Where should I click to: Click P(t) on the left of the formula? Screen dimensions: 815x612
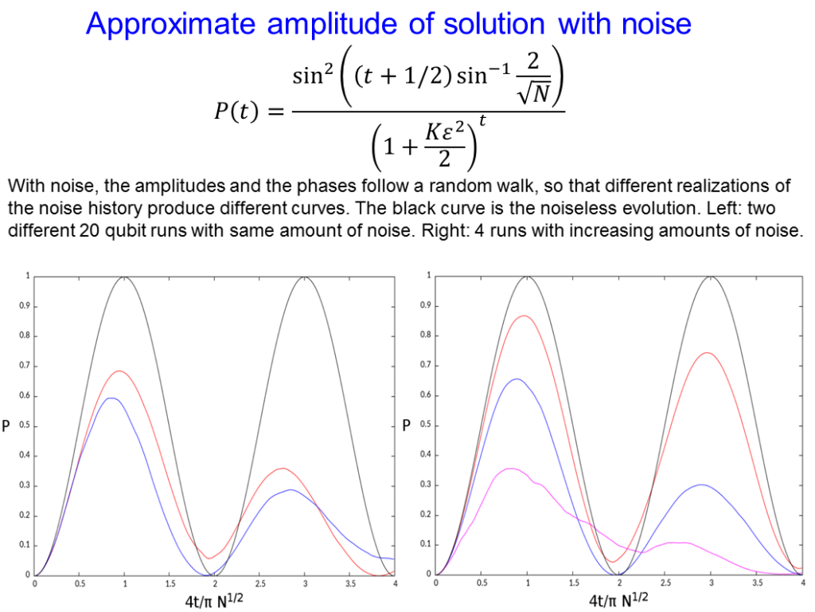pos(236,111)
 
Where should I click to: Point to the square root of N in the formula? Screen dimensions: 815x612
pos(533,93)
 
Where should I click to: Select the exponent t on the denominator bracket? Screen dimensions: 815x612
pos(482,121)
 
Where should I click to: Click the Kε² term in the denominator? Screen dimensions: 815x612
pos(444,132)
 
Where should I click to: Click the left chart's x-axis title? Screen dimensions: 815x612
pos(214,600)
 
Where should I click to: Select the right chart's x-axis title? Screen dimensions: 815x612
pos(618,600)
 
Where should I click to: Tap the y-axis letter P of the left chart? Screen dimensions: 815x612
pos(6,426)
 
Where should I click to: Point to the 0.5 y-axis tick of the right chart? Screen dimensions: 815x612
pos(426,426)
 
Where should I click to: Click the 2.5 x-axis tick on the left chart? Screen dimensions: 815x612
pos(260,584)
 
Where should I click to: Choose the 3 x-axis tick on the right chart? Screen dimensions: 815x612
pos(712,583)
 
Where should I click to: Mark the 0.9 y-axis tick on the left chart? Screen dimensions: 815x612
pos(25,306)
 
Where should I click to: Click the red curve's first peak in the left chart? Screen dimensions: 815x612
pos(119,371)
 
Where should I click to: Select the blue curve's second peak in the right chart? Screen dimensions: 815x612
pos(701,485)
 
